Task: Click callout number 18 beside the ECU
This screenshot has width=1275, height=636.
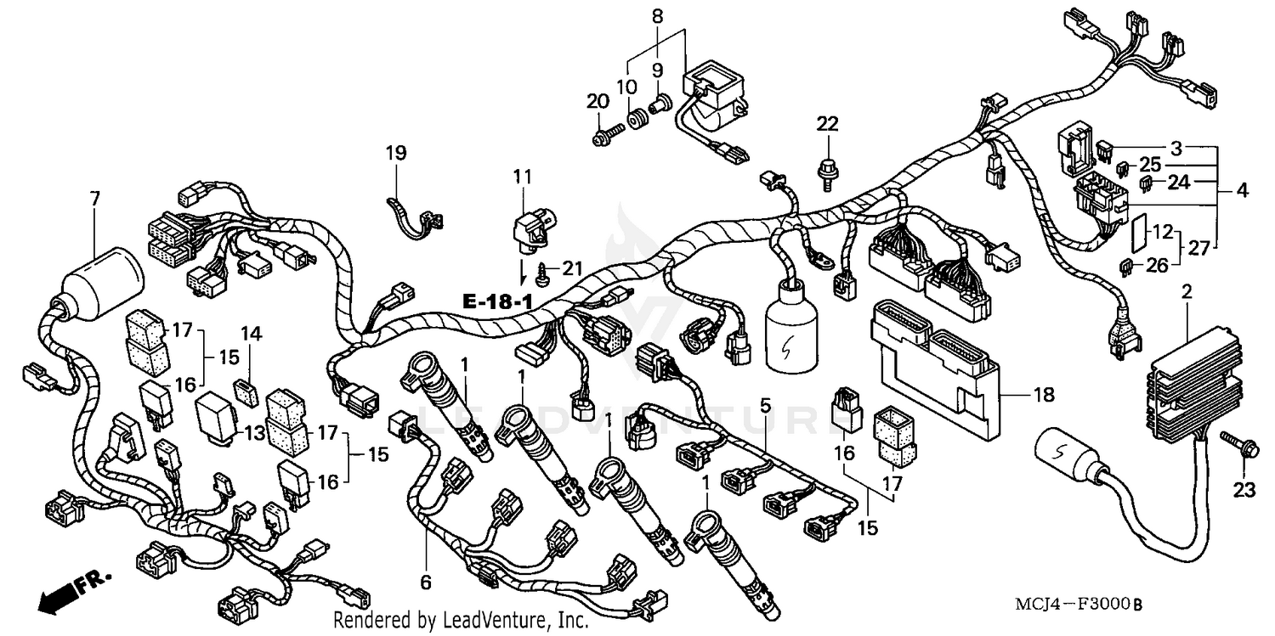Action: point(1045,394)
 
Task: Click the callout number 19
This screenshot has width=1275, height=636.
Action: point(396,154)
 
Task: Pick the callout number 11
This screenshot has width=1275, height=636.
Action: point(522,177)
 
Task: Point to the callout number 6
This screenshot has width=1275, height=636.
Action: point(425,583)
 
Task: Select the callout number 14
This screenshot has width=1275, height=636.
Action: point(246,333)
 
